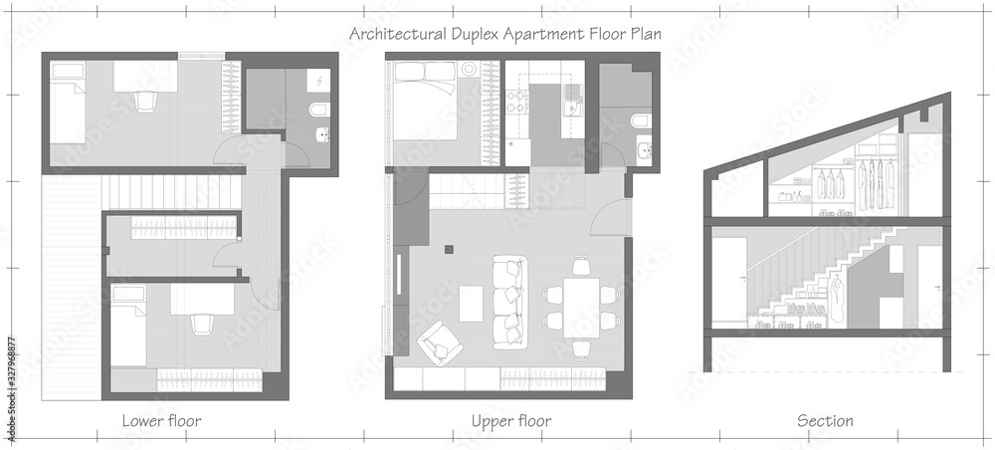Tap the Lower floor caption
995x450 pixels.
coord(161,421)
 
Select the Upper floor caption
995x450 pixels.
coord(510,421)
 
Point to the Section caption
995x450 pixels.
coord(825,421)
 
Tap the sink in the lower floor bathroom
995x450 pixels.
coord(318,135)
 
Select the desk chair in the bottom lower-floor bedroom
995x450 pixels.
coord(202,324)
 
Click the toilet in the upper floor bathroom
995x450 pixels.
coord(641,121)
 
